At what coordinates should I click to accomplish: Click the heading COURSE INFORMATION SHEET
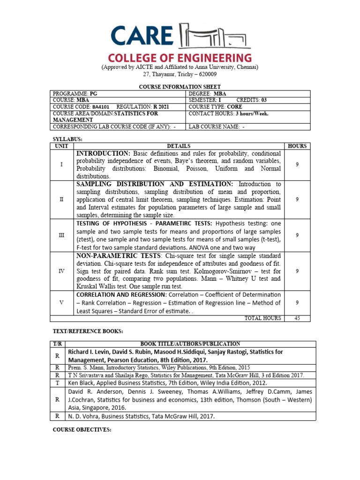180,87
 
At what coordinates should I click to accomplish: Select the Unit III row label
61,235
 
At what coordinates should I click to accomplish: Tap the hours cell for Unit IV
297,271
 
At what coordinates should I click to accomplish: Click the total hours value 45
297,318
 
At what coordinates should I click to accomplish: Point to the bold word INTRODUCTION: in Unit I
103,154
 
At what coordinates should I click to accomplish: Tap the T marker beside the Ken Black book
57,382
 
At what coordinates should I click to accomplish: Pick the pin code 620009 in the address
207,74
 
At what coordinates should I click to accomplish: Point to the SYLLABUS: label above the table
63,139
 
